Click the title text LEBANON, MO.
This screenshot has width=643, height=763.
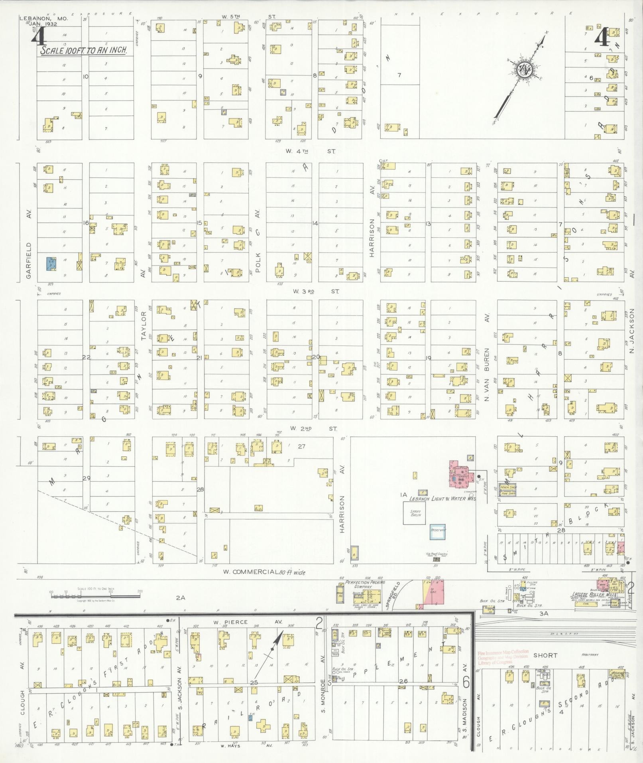(x=43, y=19)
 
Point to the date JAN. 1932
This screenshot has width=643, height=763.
(x=43, y=24)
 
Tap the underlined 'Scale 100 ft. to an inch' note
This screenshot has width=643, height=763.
(x=83, y=51)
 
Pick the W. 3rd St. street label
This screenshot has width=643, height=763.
(x=315, y=292)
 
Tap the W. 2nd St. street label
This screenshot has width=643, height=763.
(x=313, y=429)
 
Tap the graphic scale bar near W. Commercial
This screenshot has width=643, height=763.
(x=94, y=596)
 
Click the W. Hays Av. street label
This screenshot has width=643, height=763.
(x=245, y=745)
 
